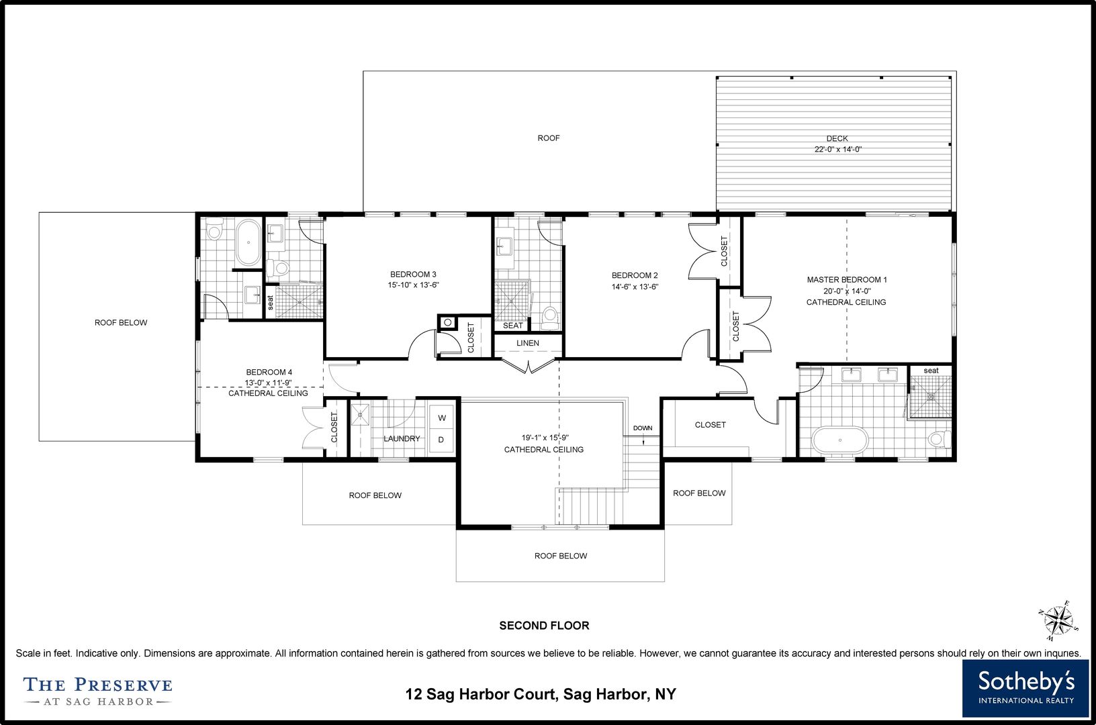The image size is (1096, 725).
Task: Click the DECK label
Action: [837, 138]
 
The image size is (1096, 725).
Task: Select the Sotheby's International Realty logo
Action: [1025, 688]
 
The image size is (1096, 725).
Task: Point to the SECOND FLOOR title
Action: [544, 625]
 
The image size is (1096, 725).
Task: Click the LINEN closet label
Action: [527, 343]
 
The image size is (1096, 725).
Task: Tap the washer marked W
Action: [442, 418]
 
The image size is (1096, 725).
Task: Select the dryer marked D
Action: [441, 440]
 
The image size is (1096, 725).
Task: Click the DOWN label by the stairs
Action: [643, 428]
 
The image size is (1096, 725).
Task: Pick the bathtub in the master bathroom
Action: [840, 440]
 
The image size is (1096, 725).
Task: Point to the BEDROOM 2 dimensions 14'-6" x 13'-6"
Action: [635, 287]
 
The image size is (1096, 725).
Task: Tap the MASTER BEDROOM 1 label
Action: [846, 280]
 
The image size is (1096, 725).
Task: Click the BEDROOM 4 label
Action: [269, 373]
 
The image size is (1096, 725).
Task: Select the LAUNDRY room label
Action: [402, 439]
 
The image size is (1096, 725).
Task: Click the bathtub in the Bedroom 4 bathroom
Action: [248, 242]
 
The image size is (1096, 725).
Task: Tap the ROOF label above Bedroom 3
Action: [549, 138]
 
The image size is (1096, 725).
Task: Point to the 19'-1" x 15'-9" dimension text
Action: [544, 438]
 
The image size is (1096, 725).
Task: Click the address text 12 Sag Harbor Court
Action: [481, 694]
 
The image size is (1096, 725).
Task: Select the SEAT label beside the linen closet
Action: [513, 326]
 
